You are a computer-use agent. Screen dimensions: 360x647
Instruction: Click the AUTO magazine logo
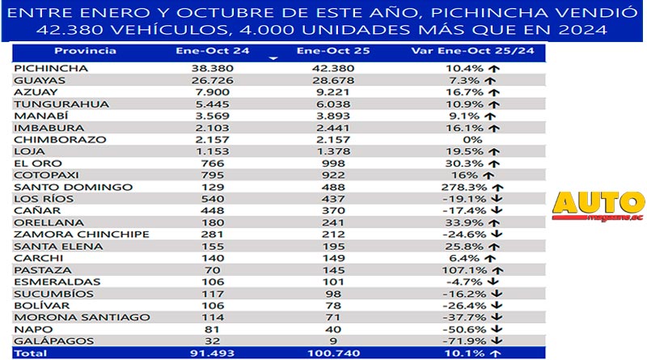click(x=598, y=205)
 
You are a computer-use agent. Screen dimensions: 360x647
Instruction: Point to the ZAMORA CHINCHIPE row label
click(x=82, y=235)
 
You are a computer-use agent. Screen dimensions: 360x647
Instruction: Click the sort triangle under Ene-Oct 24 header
click(x=273, y=59)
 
